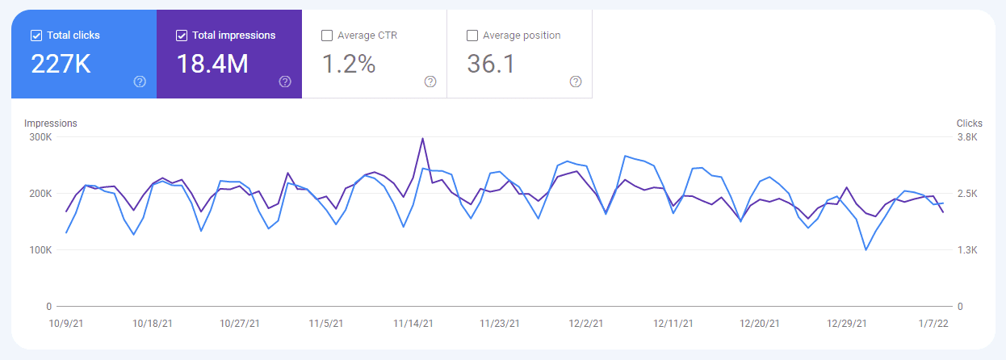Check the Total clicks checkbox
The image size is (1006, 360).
[x=36, y=36]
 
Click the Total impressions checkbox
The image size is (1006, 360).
[x=182, y=36]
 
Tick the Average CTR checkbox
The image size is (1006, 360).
[x=327, y=36]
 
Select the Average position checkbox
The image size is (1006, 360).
[x=472, y=36]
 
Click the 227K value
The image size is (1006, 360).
[x=61, y=65]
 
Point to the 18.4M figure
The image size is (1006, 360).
[x=212, y=65]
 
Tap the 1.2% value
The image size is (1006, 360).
[x=349, y=65]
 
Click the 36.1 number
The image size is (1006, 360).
[x=491, y=65]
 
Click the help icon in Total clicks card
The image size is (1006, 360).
[x=140, y=82]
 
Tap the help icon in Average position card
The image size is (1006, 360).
[x=576, y=82]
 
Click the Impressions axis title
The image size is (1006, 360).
[x=51, y=123]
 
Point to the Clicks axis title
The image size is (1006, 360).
[x=970, y=123]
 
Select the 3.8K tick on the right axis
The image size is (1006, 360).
[x=967, y=137]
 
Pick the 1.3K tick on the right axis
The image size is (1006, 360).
[x=967, y=250]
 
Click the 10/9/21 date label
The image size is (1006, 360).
[x=67, y=323]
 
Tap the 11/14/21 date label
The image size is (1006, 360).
[x=413, y=323]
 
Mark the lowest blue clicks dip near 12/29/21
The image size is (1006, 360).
[x=866, y=249]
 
